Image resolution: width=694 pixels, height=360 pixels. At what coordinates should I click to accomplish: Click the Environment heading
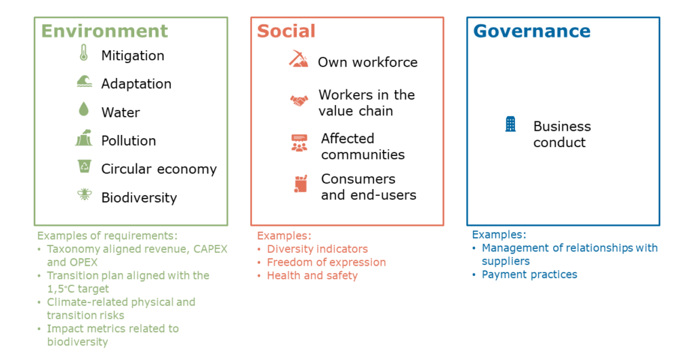coord(104,31)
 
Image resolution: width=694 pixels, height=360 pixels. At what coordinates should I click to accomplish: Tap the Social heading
coord(287,31)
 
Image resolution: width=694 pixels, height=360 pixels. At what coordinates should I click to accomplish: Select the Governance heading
coord(532,31)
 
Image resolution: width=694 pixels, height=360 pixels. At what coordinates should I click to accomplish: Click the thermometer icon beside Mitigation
coord(83,53)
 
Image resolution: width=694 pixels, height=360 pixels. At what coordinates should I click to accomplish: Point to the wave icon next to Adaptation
coord(84,81)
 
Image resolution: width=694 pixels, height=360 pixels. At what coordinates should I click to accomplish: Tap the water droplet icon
coord(83,109)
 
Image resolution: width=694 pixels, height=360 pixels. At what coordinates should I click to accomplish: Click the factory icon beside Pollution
coord(83,138)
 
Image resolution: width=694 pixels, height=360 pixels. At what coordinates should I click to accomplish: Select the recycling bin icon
coord(84,166)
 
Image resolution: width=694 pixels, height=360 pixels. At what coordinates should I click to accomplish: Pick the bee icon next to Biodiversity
coord(84,194)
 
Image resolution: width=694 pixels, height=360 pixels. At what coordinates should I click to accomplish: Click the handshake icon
coord(299,101)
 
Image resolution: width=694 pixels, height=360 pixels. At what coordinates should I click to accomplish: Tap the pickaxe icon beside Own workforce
coord(298,59)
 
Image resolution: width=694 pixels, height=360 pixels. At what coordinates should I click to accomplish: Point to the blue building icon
coord(510,124)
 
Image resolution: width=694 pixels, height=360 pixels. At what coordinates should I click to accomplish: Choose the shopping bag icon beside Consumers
coord(300,184)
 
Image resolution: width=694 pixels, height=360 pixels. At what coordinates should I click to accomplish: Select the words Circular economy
coord(159,169)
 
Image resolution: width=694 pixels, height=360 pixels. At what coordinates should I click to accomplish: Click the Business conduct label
coord(562,134)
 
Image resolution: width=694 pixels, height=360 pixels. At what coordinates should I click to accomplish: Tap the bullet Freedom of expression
coord(326,262)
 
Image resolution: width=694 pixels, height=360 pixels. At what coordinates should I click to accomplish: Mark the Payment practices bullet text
coord(529,275)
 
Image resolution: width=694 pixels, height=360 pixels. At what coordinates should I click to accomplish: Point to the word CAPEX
coord(210,249)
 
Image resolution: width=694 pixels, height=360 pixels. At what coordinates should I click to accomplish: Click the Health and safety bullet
coord(312,275)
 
